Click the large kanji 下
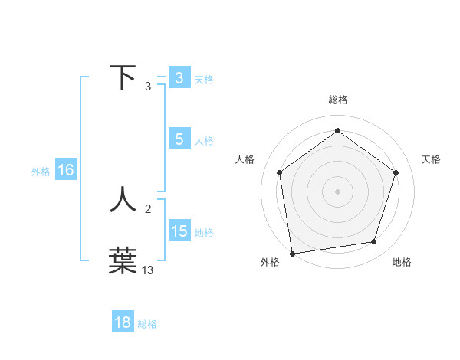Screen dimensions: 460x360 123,78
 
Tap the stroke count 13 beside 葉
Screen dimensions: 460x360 148,270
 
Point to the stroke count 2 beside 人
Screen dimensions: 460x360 148,208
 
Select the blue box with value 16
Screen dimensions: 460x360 66,170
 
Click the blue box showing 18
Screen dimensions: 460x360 123,322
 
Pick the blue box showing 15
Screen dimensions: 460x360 179,231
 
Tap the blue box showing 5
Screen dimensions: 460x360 179,139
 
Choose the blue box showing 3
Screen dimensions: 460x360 179,78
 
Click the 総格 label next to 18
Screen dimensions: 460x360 147,324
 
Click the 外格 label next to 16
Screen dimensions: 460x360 41,172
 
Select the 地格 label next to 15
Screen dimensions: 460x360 204,233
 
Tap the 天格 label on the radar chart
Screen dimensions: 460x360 432,159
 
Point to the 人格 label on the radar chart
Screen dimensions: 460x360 245,159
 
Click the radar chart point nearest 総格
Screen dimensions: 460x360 337,131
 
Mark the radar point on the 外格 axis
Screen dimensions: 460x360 292,253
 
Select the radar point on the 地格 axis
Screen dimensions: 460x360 374,242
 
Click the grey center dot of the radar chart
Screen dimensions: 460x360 337,191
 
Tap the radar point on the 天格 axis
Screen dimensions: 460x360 396,172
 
